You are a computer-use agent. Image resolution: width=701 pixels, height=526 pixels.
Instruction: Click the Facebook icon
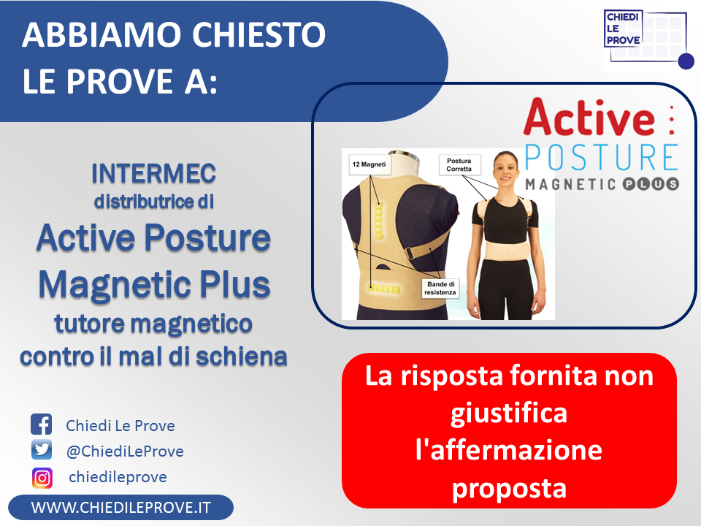42,424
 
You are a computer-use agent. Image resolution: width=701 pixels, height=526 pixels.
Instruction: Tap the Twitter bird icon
42,449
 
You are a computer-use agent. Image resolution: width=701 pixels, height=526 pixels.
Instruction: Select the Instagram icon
42,478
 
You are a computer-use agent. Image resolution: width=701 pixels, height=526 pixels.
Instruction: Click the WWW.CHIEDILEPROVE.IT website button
120,507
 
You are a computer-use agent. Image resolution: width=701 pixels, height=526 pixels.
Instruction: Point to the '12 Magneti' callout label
369,164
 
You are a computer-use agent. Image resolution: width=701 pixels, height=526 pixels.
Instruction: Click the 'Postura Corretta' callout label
459,164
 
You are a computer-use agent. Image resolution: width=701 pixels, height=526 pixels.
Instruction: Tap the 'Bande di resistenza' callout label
440,288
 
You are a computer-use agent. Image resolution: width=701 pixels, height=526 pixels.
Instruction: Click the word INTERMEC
154,174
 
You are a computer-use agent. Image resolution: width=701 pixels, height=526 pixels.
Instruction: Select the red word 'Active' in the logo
589,117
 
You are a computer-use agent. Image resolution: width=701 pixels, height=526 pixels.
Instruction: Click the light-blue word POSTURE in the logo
601,157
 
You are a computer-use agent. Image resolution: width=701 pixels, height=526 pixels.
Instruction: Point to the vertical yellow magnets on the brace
379,221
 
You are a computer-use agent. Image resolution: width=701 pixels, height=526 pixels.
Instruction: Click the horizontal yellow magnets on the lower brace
383,289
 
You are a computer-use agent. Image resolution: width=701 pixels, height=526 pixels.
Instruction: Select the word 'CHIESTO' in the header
258,34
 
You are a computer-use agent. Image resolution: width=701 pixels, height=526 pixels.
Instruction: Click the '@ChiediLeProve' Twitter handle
125,451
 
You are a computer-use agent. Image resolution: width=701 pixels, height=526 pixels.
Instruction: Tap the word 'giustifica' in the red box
509,413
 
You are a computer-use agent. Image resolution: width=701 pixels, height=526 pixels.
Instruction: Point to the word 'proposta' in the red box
509,489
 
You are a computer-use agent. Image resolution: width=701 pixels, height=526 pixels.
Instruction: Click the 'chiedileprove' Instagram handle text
118,477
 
